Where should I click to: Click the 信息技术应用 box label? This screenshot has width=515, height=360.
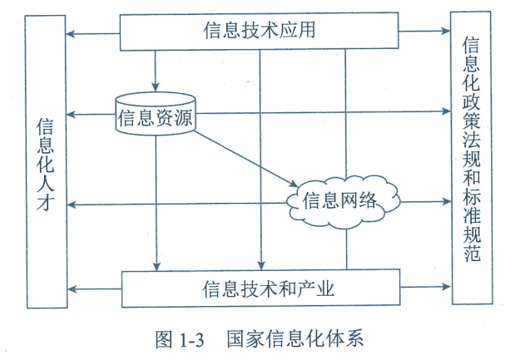tap(258, 32)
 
